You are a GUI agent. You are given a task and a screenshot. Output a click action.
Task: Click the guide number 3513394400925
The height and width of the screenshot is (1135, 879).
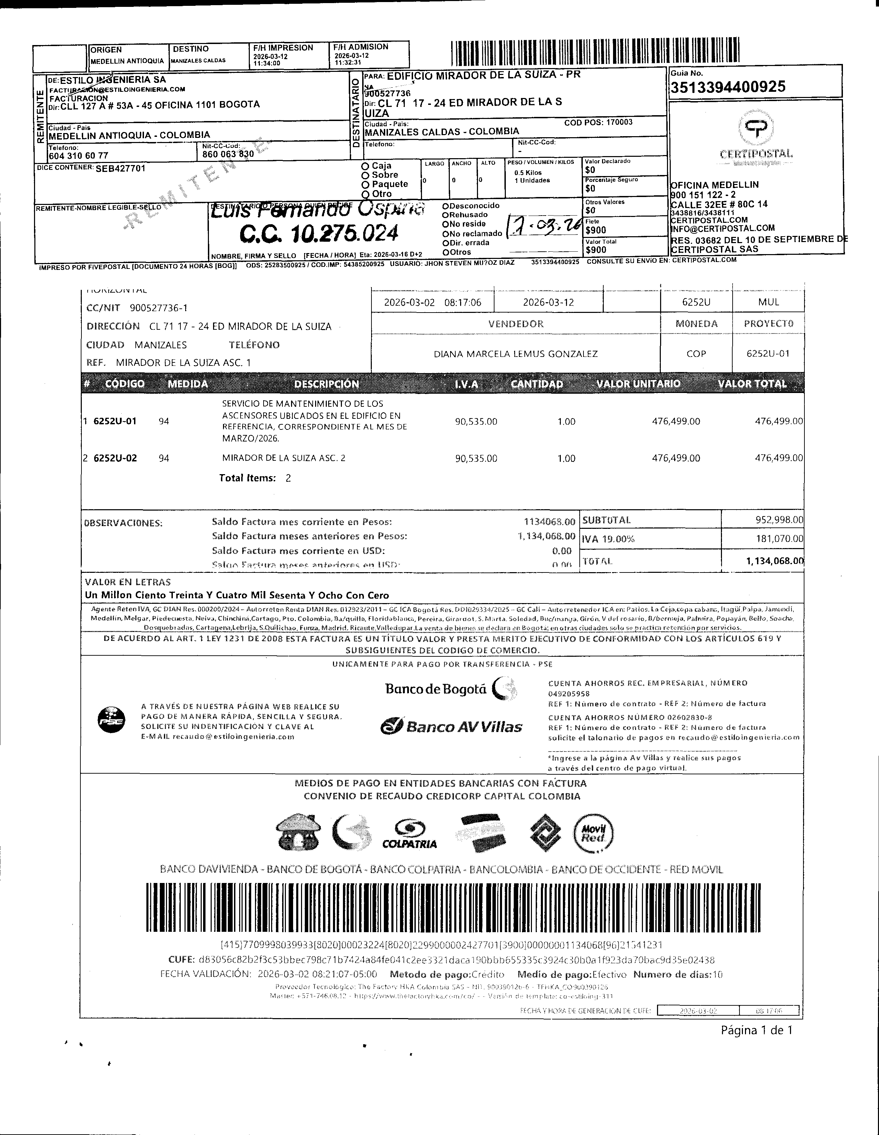click(x=728, y=87)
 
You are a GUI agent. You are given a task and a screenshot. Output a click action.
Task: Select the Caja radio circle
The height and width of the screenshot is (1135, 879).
click(x=366, y=166)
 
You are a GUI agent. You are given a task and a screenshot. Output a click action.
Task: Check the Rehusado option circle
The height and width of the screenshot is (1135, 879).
click(x=445, y=215)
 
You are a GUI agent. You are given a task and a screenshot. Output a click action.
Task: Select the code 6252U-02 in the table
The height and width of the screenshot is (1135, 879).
click(x=115, y=458)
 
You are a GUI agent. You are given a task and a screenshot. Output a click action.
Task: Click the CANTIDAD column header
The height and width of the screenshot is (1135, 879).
click(x=537, y=384)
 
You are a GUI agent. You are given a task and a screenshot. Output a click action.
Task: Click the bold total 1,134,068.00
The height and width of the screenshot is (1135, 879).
click(x=775, y=561)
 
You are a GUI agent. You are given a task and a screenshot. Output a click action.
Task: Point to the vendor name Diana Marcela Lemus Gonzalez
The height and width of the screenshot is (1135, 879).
click(x=515, y=354)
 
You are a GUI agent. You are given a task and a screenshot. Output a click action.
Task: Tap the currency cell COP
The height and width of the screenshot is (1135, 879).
click(x=696, y=354)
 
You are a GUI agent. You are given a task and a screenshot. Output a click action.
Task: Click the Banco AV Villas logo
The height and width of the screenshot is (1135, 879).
click(x=452, y=726)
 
